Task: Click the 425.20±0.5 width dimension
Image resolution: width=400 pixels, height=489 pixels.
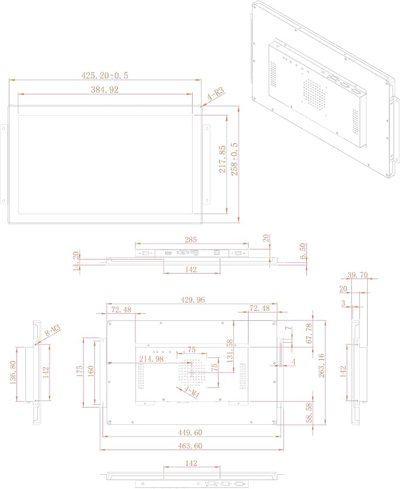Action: [105, 76]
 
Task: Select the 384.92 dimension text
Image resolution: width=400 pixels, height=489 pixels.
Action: [105, 90]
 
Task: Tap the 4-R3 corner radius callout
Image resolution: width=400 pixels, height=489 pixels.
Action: [216, 94]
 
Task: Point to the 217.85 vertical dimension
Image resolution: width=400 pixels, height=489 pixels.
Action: [222, 159]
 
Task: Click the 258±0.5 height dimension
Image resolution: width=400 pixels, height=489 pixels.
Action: [234, 159]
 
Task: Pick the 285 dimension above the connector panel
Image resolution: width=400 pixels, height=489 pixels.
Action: [191, 240]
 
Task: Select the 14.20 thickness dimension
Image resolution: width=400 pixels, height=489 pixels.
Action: [76, 261]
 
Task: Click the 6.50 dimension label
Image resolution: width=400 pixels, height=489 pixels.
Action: [302, 251]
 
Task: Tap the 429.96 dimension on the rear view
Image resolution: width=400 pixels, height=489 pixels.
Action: [193, 300]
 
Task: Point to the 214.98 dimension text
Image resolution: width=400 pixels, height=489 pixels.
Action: [151, 359]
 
